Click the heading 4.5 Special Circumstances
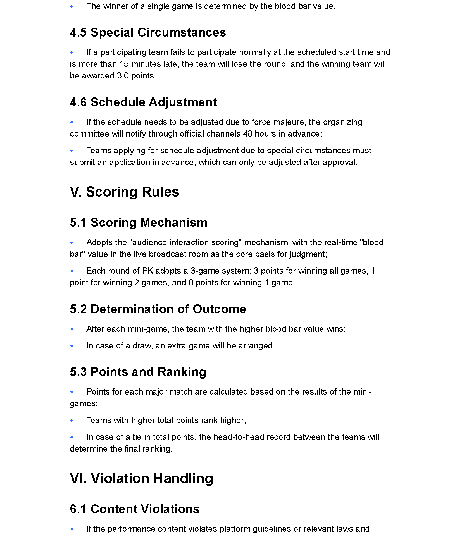[x=148, y=32]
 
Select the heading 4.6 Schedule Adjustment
[x=143, y=102]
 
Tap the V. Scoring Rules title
[x=124, y=192]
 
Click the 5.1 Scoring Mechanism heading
[x=139, y=223]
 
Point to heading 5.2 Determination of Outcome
[x=158, y=309]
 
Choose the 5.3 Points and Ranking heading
[x=138, y=372]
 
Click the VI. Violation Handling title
[x=141, y=478]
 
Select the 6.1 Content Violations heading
[x=135, y=509]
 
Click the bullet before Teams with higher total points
[x=72, y=420]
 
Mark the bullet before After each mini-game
[x=72, y=329]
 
